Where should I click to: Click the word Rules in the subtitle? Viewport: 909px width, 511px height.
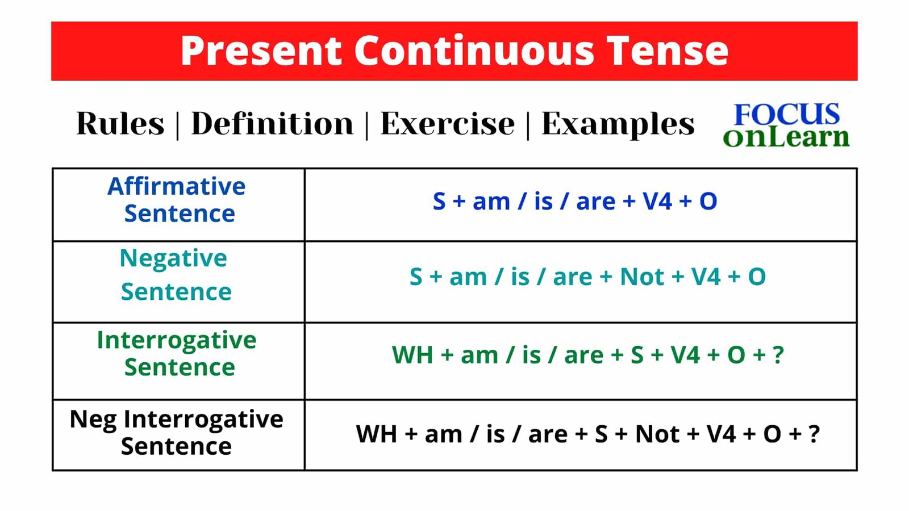point(120,124)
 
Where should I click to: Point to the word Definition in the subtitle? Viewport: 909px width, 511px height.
point(272,124)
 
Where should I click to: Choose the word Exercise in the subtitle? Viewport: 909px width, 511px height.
point(448,124)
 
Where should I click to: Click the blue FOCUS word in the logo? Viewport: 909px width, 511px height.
point(787,114)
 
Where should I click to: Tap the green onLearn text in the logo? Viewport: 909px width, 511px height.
point(786,137)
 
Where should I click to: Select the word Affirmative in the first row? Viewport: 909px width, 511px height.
point(177,186)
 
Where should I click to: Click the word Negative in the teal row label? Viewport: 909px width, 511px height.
point(173,259)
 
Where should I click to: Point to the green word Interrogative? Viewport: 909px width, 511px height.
point(177,341)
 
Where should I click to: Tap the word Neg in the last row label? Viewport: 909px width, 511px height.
point(93,420)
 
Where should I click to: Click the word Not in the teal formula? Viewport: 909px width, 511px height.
point(642,277)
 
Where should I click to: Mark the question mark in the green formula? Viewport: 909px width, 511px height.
point(778,355)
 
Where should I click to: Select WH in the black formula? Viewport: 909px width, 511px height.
point(376,434)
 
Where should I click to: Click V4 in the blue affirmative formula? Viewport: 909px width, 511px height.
point(657,201)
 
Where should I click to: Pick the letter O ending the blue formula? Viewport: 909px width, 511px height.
point(708,201)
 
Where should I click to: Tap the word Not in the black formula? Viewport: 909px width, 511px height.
point(657,434)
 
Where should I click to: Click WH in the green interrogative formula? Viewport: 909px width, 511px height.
point(412,355)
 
